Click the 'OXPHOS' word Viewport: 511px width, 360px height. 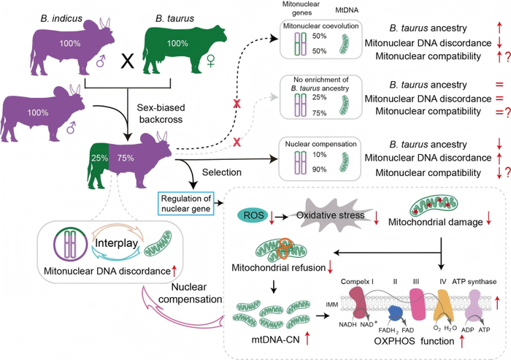pos(391,340)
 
